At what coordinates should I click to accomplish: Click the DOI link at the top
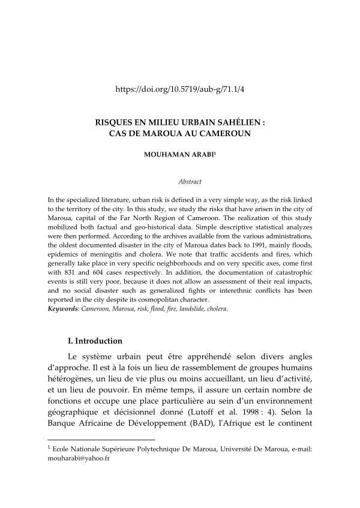[x=180, y=89]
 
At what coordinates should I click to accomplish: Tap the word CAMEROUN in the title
[x=224, y=132]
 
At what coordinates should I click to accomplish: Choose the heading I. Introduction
[x=96, y=341]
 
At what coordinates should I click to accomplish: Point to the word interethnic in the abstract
[x=233, y=290]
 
